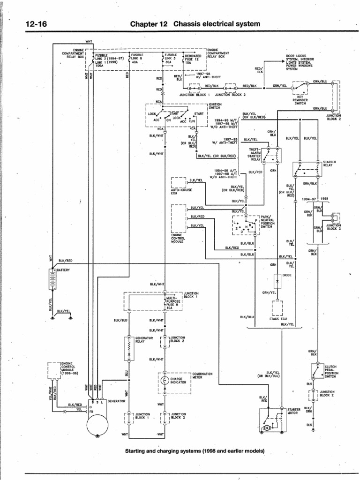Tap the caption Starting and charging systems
point(195,451)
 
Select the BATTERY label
point(63,270)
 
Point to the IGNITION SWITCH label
point(214,106)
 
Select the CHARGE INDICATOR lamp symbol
point(164,381)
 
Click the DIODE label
point(287,275)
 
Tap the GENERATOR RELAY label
point(143,339)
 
